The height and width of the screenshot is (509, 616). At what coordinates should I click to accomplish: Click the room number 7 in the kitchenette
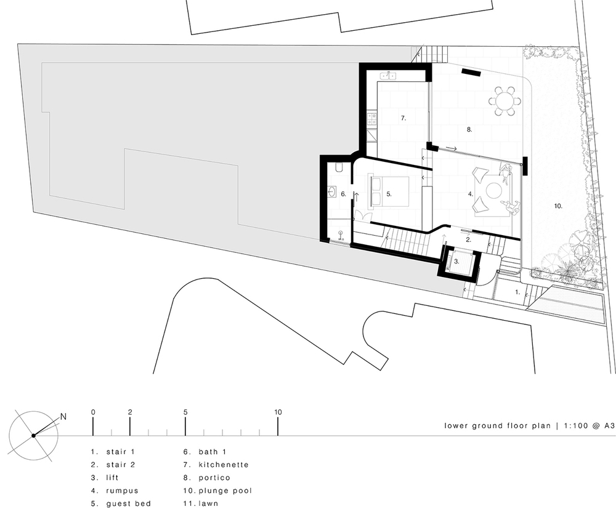tap(403, 118)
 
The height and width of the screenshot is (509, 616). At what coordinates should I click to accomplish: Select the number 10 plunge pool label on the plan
tap(558, 206)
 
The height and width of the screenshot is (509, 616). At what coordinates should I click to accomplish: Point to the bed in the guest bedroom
tap(389, 191)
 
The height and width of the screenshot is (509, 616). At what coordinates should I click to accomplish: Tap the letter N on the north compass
tap(63, 417)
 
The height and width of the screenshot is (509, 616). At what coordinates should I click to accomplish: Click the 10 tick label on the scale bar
tap(278, 412)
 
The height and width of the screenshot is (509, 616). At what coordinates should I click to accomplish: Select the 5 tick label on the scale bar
tap(185, 412)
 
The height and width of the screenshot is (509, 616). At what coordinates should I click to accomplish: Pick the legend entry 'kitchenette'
tap(224, 465)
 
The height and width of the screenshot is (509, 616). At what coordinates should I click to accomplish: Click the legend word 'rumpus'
tap(122, 491)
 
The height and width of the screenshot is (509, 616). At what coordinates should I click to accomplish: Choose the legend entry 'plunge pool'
tap(225, 491)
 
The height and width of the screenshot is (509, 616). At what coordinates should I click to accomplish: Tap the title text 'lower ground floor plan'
tap(497, 425)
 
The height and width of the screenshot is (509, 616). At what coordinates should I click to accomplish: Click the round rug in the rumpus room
tap(493, 191)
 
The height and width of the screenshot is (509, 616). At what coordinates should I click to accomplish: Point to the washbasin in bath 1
tap(332, 192)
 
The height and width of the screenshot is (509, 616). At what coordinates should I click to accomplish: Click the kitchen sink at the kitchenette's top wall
tap(113, 75)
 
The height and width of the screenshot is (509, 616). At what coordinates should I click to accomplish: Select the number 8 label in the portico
tap(469, 129)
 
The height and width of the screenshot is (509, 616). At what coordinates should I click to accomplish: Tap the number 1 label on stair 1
tap(517, 292)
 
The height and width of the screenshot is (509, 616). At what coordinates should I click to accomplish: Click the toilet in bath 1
tap(339, 169)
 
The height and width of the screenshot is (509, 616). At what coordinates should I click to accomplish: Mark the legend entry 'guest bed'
tap(129, 503)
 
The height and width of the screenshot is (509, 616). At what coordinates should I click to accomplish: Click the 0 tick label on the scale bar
tap(93, 412)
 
